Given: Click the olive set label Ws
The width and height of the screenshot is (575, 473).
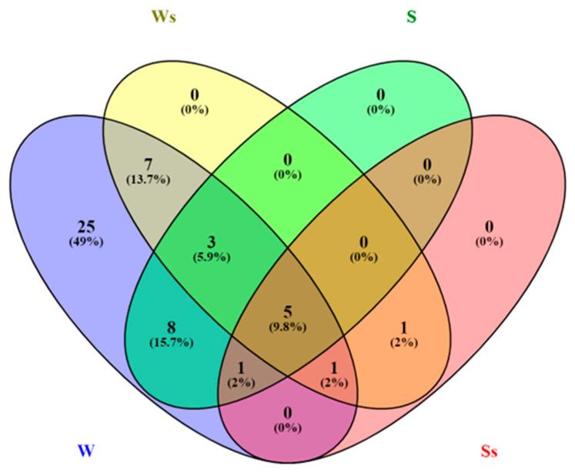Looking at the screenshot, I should click(164, 17).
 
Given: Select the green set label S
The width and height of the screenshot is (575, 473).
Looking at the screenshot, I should click(411, 16).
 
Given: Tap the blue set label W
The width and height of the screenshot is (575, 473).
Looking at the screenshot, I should click(86, 450).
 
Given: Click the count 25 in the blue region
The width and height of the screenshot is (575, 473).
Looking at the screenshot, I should click(86, 227).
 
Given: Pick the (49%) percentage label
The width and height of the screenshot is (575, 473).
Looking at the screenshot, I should click(86, 242).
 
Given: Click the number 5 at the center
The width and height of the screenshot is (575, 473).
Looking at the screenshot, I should click(287, 311).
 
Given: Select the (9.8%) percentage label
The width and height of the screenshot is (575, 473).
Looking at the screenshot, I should click(287, 326).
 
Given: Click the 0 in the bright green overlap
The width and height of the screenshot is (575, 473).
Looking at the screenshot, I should click(287, 160).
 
